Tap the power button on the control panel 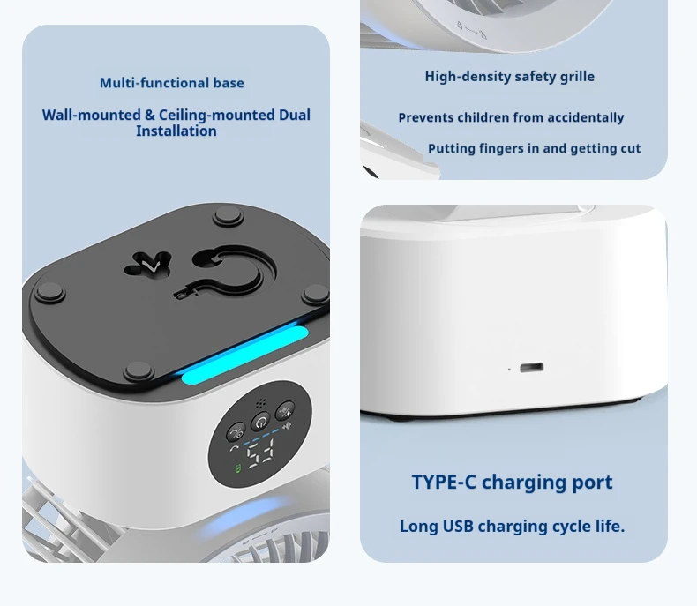[260, 422]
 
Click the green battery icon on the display [238, 468]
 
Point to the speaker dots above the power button [261, 403]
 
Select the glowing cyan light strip [245, 355]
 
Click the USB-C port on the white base [531, 368]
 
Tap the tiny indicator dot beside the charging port [509, 370]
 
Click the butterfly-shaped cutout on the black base [147, 265]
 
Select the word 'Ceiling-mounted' [216, 115]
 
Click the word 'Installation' [176, 131]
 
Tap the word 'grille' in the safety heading [577, 77]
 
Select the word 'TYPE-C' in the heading [444, 482]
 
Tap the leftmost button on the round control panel [236, 431]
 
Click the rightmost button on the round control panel [285, 411]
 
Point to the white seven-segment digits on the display [260, 453]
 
